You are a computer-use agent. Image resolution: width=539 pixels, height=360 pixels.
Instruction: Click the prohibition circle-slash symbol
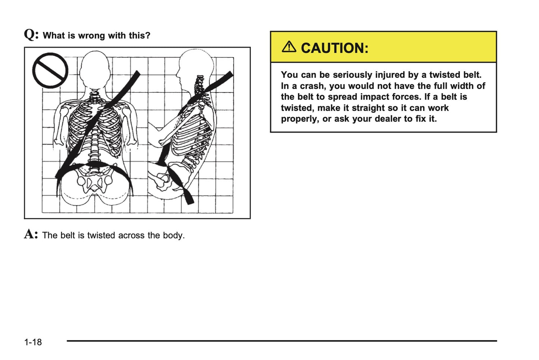(x=50, y=70)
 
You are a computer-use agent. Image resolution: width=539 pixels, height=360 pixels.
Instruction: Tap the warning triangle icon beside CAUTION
(x=289, y=47)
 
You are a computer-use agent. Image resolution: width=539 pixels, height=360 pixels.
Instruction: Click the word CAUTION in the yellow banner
(x=334, y=48)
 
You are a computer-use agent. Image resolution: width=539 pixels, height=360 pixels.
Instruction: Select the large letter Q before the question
(x=30, y=35)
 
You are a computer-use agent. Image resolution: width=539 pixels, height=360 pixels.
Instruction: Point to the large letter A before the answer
(x=30, y=234)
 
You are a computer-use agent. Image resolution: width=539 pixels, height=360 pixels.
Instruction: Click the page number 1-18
(x=33, y=342)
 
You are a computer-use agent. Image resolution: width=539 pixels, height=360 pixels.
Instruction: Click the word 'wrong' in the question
(x=91, y=36)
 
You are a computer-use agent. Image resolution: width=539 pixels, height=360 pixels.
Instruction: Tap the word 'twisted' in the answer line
(x=101, y=236)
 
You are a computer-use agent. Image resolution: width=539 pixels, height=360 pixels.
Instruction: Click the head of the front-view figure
(x=95, y=71)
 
